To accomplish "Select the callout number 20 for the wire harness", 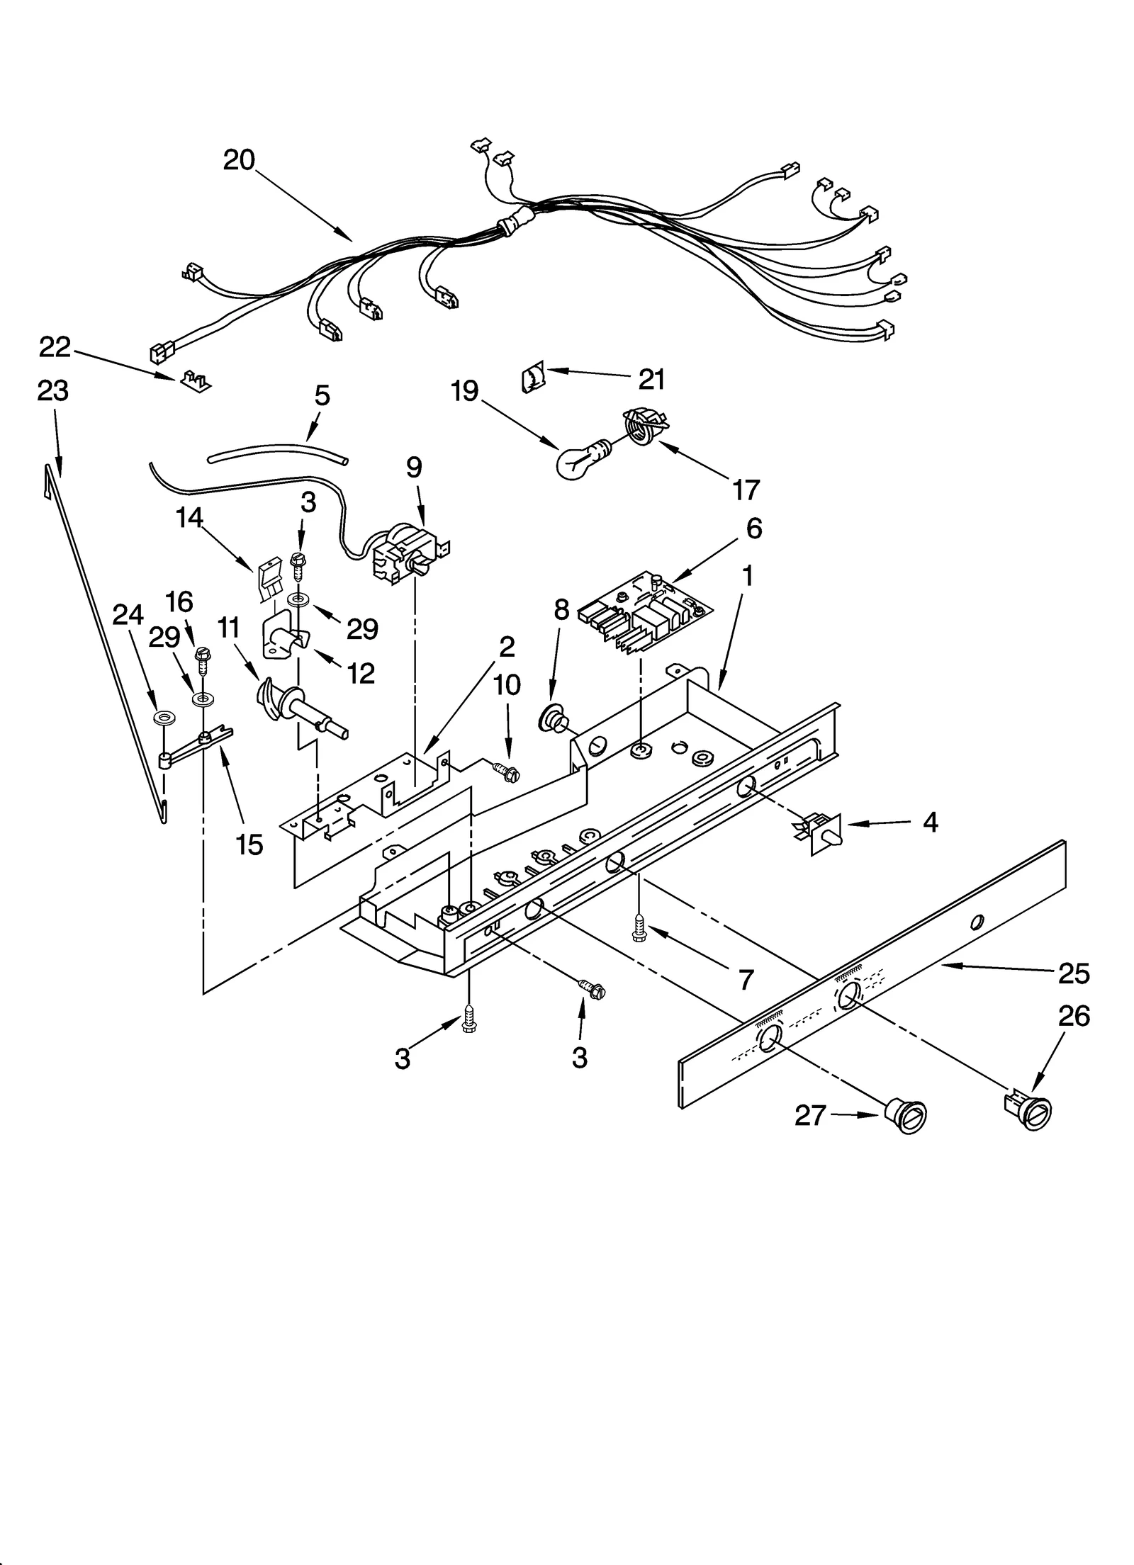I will (x=239, y=160).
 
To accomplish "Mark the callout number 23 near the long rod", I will (x=53, y=390).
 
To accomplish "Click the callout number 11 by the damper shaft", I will (x=229, y=628).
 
